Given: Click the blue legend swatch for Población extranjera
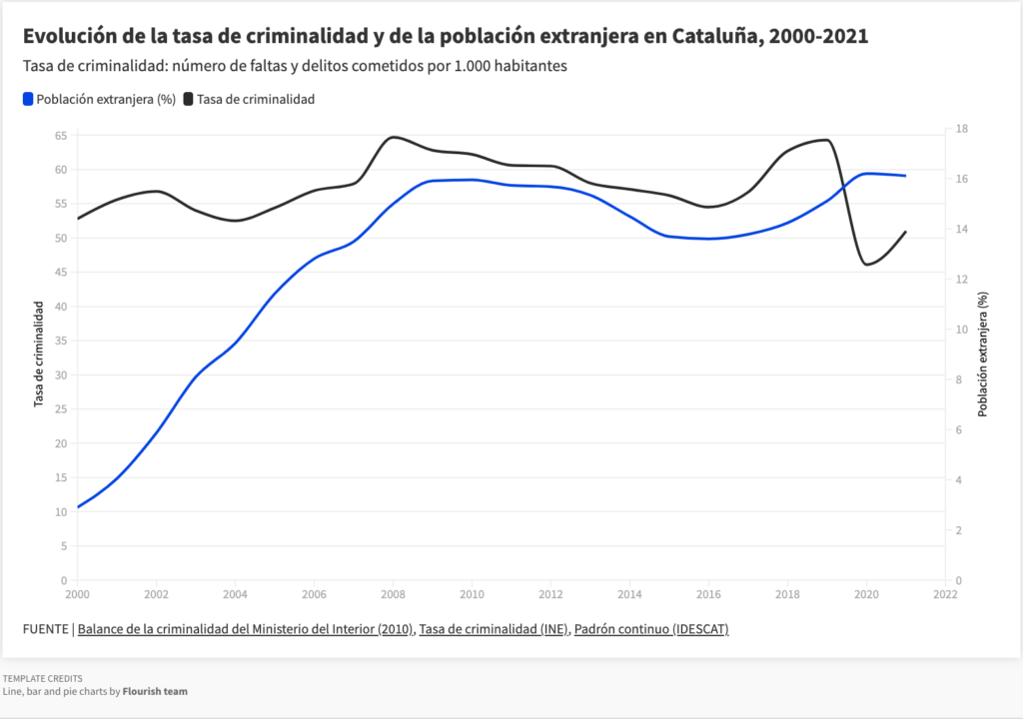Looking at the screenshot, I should click(x=27, y=99).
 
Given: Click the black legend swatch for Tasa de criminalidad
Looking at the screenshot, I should click(x=188, y=99).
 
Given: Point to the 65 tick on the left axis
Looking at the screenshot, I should click(x=61, y=135).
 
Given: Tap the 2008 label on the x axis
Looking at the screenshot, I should click(x=393, y=593).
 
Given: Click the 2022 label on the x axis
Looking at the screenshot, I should click(x=944, y=593).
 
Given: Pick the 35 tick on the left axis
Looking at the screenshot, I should click(x=61, y=341).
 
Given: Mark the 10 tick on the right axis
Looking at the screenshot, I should click(x=961, y=330).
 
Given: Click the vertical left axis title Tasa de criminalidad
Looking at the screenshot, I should click(x=39, y=356).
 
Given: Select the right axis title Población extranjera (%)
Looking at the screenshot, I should click(x=983, y=354).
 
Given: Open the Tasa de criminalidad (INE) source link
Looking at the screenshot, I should click(x=494, y=629).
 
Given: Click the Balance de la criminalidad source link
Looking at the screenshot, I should click(x=245, y=629).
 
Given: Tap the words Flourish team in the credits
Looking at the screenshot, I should click(x=155, y=691).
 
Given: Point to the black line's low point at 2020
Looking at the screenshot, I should click(x=865, y=265).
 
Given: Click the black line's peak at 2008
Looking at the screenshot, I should click(x=393, y=137).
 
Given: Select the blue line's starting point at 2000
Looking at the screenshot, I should click(x=78, y=506).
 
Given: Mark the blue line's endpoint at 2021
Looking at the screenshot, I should click(x=905, y=176).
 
